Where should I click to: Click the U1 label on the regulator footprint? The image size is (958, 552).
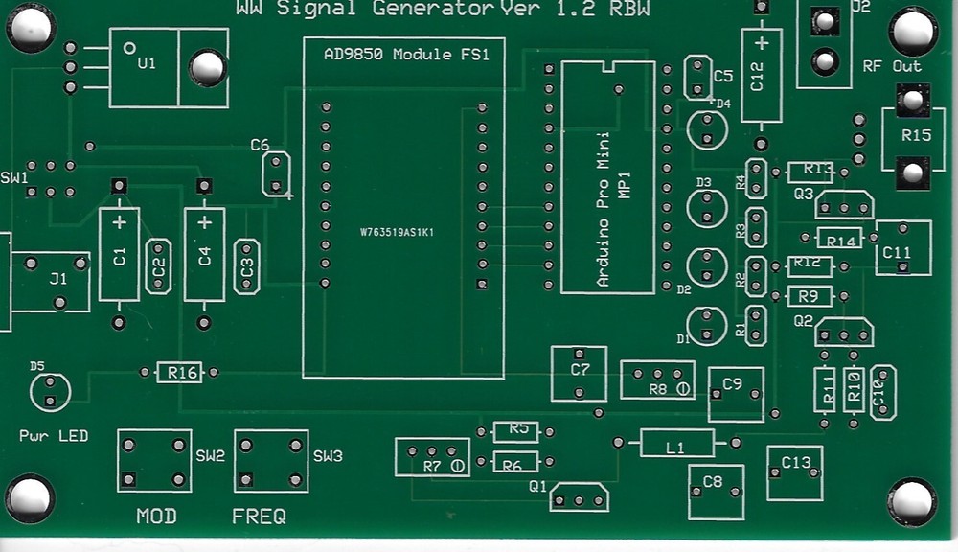click(146, 64)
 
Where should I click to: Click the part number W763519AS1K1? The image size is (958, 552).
click(397, 232)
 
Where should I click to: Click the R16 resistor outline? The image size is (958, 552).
click(179, 372)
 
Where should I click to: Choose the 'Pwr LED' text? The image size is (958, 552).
click(54, 436)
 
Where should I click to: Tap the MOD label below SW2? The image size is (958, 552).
click(156, 517)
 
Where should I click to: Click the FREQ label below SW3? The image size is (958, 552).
click(259, 517)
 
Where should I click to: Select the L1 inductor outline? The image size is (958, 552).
click(676, 444)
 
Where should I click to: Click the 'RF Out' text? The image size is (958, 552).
click(892, 66)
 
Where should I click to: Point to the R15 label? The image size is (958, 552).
click(916, 135)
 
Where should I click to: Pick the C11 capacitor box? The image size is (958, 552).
click(902, 248)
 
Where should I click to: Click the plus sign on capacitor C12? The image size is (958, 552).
click(761, 43)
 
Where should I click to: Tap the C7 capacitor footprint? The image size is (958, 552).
click(579, 374)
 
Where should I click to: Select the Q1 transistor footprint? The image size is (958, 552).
click(580, 497)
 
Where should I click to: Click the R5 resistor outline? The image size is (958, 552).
click(516, 431)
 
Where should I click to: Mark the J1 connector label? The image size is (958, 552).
click(58, 279)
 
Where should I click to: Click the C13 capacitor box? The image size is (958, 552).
click(795, 472)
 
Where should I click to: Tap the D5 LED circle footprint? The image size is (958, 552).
click(50, 392)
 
